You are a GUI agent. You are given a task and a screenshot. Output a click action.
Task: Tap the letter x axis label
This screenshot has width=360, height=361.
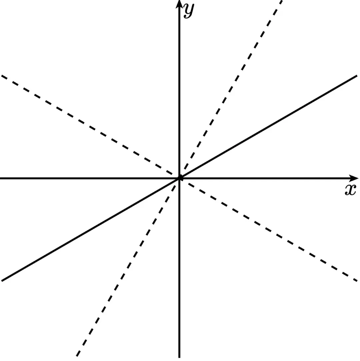tap(350, 190)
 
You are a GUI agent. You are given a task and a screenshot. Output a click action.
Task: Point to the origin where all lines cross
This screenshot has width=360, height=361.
tap(180, 178)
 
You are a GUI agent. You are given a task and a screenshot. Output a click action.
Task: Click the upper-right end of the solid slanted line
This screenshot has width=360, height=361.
tap(357, 76)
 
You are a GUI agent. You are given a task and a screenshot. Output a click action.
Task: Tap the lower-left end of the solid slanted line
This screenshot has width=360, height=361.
tap(2, 281)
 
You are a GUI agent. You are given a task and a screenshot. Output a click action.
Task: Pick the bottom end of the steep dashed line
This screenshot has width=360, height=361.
tap(77, 356)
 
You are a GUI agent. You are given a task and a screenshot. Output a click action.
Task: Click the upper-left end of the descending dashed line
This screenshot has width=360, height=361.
tap(2, 76)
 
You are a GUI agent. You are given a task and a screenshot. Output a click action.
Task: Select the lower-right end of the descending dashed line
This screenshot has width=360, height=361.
tap(357, 280)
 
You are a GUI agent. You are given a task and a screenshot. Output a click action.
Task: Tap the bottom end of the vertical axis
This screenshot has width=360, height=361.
tap(179, 357)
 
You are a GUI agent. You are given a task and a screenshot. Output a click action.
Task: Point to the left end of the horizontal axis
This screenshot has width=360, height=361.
tap(1, 178)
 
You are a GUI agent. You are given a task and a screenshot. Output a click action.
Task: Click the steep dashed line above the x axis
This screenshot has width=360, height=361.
tap(230, 90)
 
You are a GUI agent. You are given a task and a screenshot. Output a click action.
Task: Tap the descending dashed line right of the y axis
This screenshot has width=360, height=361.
tap(267, 229)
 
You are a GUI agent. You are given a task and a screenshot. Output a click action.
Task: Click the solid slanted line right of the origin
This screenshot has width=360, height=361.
tap(267, 127)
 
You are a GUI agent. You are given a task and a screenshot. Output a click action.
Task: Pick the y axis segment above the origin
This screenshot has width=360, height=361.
tap(179, 90)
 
